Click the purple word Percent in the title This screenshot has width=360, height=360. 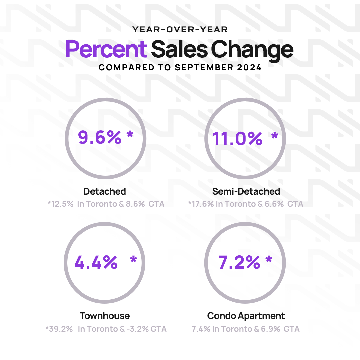106,49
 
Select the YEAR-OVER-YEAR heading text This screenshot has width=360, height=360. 180,30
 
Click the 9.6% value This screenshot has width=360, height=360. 100,137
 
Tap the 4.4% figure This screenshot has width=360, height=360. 96,262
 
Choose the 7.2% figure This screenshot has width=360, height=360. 239,262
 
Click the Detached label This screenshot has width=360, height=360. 105,191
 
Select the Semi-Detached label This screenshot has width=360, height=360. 246,191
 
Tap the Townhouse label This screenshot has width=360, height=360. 105,316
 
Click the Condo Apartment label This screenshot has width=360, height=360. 246,316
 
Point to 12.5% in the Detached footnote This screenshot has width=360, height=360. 62,204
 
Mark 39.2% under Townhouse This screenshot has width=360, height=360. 60,329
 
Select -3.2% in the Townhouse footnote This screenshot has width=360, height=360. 140,329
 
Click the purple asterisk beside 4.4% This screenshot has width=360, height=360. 133,259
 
